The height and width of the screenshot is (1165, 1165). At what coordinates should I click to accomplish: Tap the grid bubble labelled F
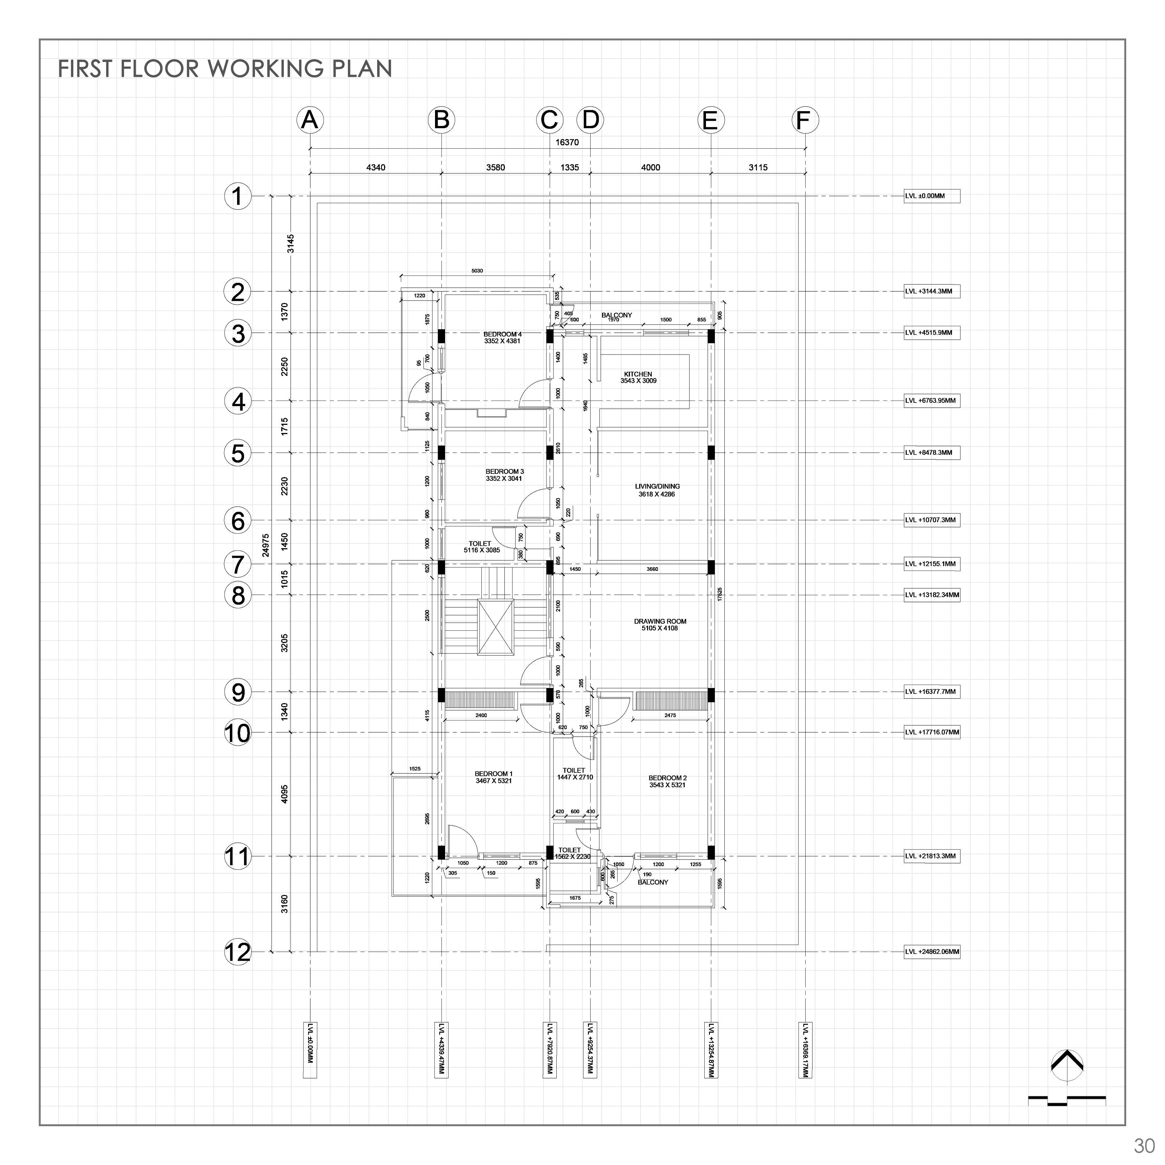click(805, 120)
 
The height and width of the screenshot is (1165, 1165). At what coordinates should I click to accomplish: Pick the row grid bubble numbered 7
click(238, 564)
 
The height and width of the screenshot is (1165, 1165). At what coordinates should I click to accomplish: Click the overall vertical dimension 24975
click(265, 545)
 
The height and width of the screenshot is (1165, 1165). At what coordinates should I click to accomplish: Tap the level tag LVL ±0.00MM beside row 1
click(932, 196)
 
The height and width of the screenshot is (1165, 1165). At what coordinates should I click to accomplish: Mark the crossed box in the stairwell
click(496, 627)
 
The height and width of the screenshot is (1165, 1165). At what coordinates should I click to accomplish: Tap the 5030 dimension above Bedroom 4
click(477, 271)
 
